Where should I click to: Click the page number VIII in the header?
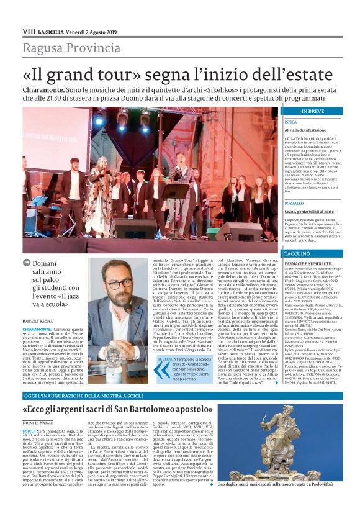[29, 30]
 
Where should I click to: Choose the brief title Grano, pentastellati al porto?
[310, 212]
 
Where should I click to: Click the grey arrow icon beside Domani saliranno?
[27, 263]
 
